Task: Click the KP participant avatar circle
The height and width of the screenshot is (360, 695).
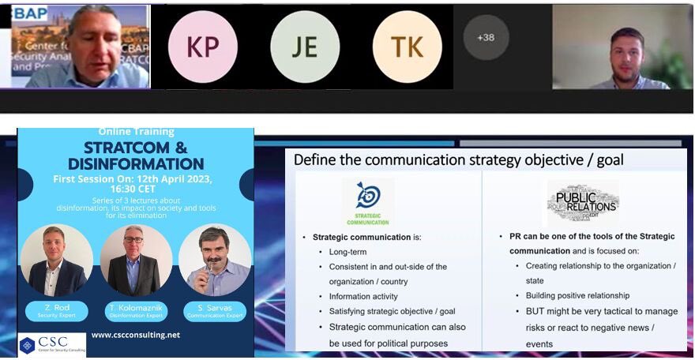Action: [x=203, y=47]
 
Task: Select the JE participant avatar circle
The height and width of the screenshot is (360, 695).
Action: [x=305, y=47]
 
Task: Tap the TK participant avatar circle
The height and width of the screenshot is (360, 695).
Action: [x=407, y=47]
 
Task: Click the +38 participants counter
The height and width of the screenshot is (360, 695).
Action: [x=486, y=37]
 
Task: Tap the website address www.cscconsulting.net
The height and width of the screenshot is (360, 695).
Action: [x=136, y=335]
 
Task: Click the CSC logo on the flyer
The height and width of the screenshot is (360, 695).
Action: [x=52, y=345]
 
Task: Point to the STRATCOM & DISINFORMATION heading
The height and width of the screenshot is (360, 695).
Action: [x=136, y=155]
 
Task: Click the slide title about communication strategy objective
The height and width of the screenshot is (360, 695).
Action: [x=458, y=160]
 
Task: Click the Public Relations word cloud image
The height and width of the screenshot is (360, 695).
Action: [x=582, y=203]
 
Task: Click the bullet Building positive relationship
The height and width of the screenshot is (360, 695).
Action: [x=577, y=296]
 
